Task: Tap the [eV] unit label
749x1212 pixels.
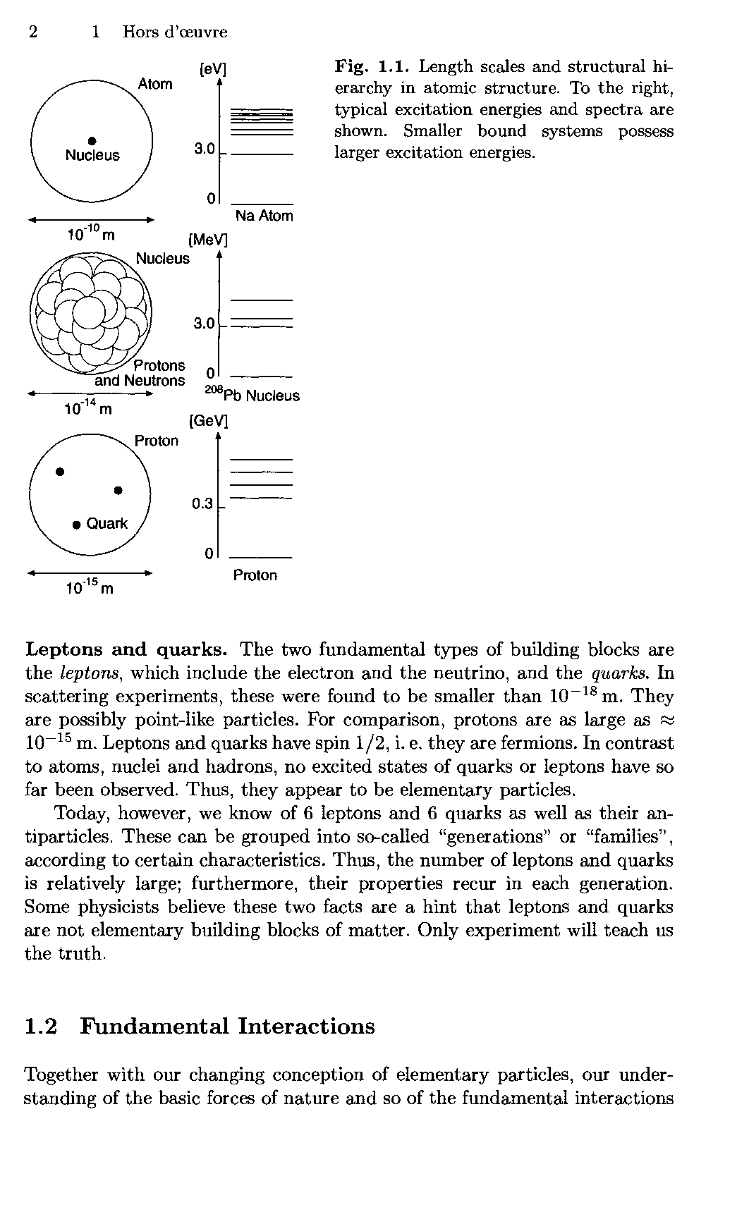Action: point(213,68)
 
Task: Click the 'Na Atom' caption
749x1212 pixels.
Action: point(264,216)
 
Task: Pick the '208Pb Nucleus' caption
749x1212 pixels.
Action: point(252,395)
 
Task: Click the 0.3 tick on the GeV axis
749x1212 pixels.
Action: point(202,503)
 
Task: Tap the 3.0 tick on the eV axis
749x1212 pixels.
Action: point(205,149)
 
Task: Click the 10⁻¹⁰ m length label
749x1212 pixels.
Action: point(90,233)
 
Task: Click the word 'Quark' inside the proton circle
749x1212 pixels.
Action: point(107,523)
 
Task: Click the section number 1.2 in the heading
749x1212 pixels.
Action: point(40,1026)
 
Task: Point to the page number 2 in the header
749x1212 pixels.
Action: point(32,32)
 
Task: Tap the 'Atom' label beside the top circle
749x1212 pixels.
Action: point(155,84)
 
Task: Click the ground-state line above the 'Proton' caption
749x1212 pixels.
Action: point(261,557)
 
